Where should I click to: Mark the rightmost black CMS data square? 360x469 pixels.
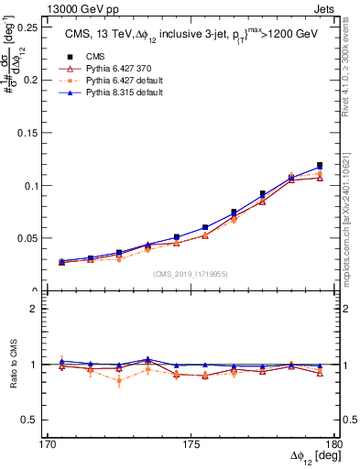coord(320,166)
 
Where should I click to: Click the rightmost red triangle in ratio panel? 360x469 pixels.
coord(320,373)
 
